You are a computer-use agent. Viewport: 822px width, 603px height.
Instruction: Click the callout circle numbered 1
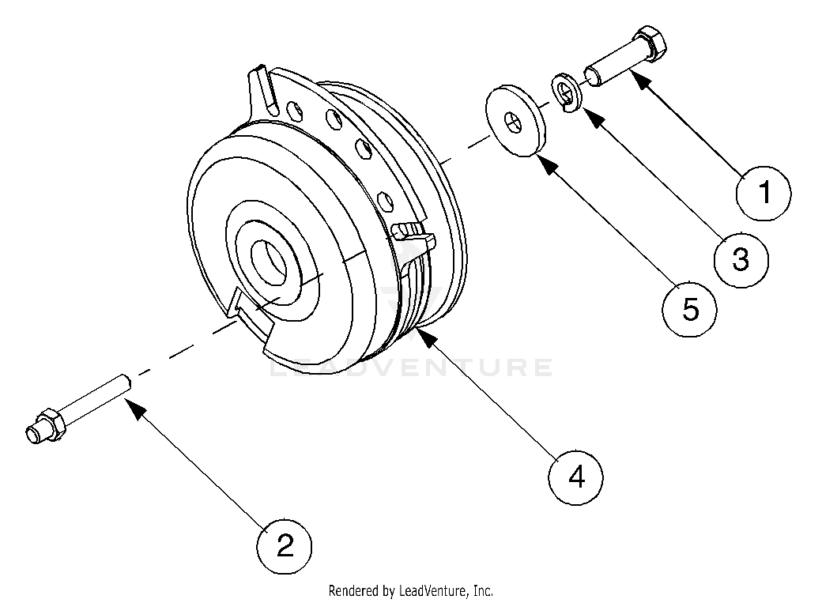point(764,191)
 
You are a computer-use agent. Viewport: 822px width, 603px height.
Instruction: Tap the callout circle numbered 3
point(740,258)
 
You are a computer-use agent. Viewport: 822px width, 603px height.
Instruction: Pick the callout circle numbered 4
point(577,476)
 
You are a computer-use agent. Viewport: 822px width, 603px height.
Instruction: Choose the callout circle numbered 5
point(690,310)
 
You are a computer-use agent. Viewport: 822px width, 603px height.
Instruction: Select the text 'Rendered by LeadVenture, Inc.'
point(410,590)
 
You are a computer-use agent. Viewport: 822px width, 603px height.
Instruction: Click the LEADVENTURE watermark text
point(411,367)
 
